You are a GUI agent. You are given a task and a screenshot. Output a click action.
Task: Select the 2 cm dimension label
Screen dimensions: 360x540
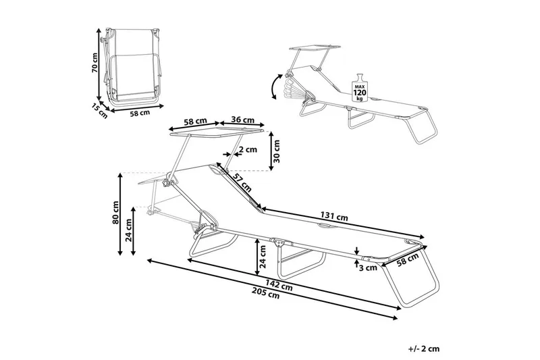click(248, 149)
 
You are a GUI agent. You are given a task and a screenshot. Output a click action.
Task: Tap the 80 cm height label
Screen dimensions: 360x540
click(116, 212)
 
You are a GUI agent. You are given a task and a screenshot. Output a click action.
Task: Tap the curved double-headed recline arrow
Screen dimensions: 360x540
click(273, 87)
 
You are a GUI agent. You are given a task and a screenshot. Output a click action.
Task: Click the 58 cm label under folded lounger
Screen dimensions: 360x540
click(139, 113)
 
